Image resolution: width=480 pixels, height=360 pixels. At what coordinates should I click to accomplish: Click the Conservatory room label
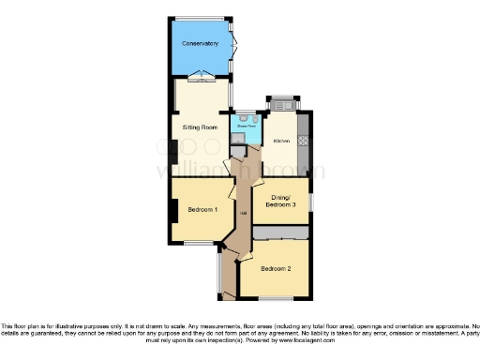point(200,43)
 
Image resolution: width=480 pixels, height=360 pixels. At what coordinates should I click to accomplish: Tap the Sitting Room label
point(199,125)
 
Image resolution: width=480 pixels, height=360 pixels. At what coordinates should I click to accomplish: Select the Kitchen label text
point(280,142)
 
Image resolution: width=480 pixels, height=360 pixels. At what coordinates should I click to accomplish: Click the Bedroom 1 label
point(202,209)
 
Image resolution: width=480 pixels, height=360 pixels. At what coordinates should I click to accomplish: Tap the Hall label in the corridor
point(243,215)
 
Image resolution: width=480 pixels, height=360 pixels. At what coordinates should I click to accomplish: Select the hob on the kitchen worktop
point(303,142)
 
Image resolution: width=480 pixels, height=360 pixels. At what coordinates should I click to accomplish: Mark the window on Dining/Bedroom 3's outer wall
point(312,202)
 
